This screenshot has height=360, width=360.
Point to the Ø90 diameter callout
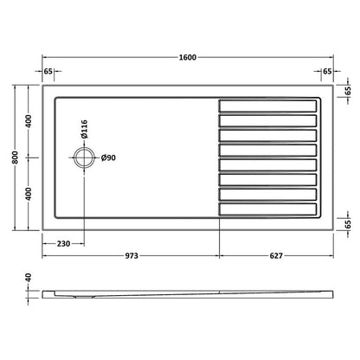tap(109, 157)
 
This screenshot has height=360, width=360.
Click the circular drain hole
tap(85, 157)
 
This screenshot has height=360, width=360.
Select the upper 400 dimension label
tap(29, 120)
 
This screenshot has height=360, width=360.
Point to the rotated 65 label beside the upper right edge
tap(347, 90)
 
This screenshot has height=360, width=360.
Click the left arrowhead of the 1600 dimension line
tap(44, 65)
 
